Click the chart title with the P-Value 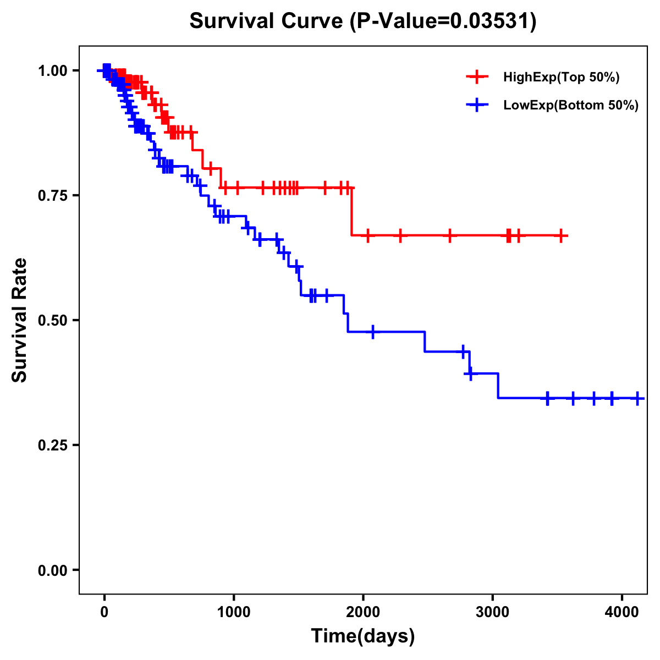pos(363,21)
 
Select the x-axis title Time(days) pos(363,636)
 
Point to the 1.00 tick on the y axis pos(52,70)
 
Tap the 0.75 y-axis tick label pos(52,195)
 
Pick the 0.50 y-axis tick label pos(52,320)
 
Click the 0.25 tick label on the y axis pos(52,445)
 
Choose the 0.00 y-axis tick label pos(52,570)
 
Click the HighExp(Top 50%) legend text pos(562,78)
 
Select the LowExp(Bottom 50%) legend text pos(571,106)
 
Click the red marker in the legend pos(477,77)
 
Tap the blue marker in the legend pos(477,105)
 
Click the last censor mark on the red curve pos(560,236)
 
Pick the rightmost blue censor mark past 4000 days pos(637,398)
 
